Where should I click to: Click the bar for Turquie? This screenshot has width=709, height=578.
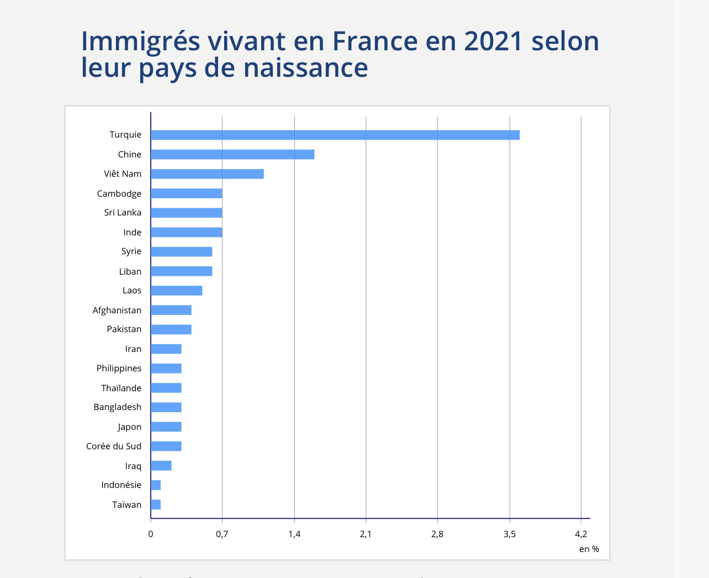pos(335,135)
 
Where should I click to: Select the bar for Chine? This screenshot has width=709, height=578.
pos(232,154)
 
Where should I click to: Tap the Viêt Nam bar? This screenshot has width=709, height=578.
pos(207,174)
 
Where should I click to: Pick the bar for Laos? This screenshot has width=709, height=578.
pos(176,291)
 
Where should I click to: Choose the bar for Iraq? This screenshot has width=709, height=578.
pos(161,466)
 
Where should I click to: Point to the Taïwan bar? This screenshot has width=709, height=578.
pos(155,505)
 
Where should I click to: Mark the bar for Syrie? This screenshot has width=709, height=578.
pos(181,252)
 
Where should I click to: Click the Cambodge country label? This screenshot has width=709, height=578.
pos(119,193)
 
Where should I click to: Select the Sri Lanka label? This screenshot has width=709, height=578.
pos(123,213)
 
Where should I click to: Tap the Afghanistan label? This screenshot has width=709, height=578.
pos(117,310)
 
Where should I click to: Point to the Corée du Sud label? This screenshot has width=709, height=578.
pos(114,446)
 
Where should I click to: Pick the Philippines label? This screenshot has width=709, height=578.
pos(119,368)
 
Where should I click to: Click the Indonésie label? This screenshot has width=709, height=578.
pos(121,485)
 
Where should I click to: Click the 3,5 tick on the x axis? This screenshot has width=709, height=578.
pos(509,534)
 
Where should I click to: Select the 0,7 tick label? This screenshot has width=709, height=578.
pos(222,534)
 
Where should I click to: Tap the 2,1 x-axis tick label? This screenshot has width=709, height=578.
pos(366,534)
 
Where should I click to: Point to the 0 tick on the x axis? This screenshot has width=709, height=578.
pos(151,534)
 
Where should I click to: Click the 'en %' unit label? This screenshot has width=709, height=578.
pos(589,549)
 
